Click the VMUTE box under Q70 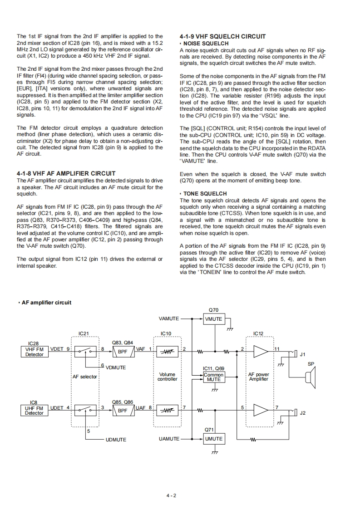click(x=213, y=319)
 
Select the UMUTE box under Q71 click(x=213, y=439)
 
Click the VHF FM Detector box click(x=34, y=352)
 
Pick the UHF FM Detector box click(x=34, y=411)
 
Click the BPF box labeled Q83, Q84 click(x=123, y=352)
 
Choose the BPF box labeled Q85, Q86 click(x=123, y=411)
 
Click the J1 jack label click(x=303, y=355)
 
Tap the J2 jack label click(x=303, y=413)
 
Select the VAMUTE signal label click(x=169, y=319)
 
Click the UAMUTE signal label click(x=169, y=439)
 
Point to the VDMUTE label click(x=115, y=367)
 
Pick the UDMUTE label click(x=116, y=440)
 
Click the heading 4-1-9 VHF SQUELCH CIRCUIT click(x=222, y=37)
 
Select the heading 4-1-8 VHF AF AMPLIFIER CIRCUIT click(x=66, y=173)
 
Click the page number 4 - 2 click(x=171, y=495)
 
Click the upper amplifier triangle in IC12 click(x=261, y=352)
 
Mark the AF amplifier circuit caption click(x=46, y=303)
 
